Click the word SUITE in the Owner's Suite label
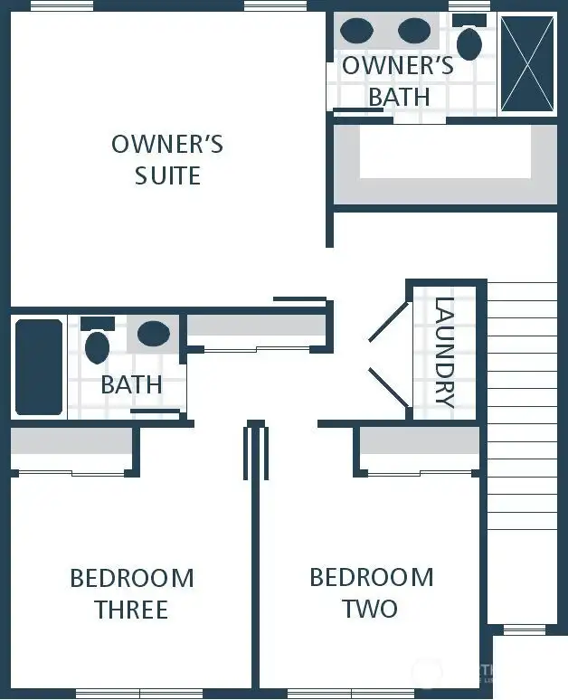click(167, 175)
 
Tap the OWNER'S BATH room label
click(398, 80)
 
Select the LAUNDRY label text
click(444, 353)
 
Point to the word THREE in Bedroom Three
click(132, 610)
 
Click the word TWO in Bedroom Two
click(370, 609)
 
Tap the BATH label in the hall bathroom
click(131, 384)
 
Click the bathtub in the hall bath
click(39, 367)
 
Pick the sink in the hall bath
click(154, 334)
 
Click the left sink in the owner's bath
click(357, 31)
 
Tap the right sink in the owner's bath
click(414, 31)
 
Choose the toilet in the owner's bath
click(469, 41)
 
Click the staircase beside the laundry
click(522, 452)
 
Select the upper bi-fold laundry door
click(388, 321)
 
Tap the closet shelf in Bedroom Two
click(419, 440)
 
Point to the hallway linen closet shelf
click(255, 326)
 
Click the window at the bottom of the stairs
click(523, 629)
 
